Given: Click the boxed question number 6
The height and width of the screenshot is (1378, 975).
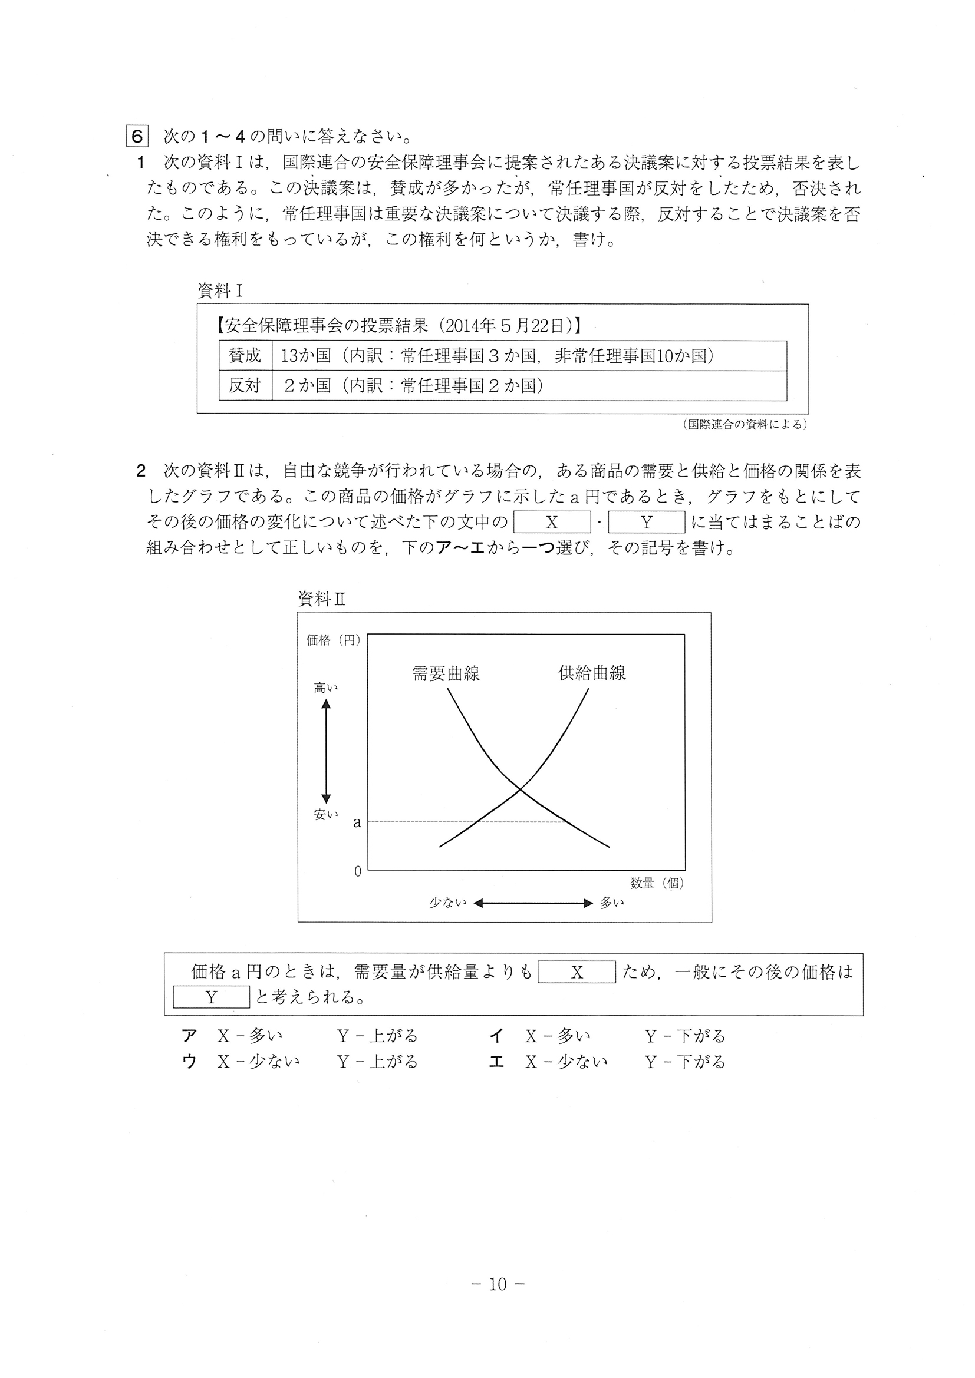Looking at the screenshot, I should click(x=137, y=136).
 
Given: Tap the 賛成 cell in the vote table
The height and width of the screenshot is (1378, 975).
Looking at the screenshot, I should click(x=245, y=356).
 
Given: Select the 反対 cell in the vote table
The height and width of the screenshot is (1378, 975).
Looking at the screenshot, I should click(x=245, y=385).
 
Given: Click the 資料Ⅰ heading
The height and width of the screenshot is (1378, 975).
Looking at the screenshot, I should click(x=220, y=291).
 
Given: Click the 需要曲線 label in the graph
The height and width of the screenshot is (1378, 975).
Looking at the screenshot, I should click(x=446, y=673).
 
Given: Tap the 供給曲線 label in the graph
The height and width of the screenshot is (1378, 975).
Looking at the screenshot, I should click(x=592, y=673).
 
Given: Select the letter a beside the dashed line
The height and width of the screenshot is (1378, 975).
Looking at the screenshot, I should click(x=357, y=823).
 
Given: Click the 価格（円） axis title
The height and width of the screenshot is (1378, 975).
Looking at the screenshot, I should click(x=333, y=640).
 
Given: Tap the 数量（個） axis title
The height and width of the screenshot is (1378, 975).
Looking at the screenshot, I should click(x=657, y=884).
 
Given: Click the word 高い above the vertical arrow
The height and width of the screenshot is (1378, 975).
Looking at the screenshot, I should click(x=326, y=688).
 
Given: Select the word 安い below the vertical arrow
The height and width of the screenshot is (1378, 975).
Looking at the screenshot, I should click(x=326, y=814).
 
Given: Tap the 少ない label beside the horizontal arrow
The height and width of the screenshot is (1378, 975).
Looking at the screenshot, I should click(x=447, y=903).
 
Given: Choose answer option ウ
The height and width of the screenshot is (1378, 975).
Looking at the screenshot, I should click(x=189, y=1062).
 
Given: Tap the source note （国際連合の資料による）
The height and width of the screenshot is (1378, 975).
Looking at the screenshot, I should click(x=745, y=424).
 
